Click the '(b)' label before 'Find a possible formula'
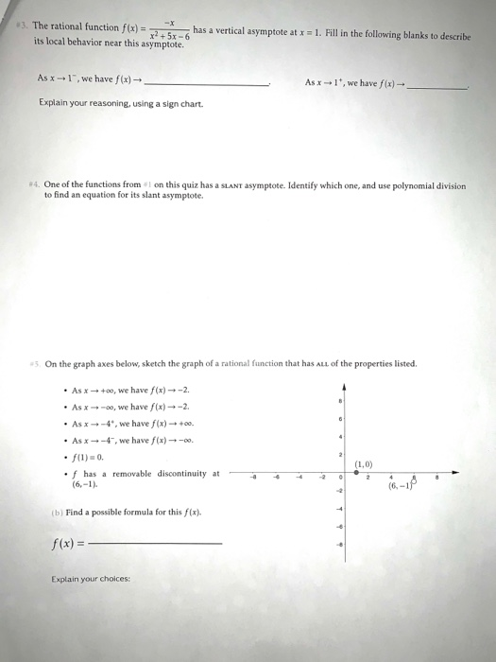(x=58, y=512)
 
